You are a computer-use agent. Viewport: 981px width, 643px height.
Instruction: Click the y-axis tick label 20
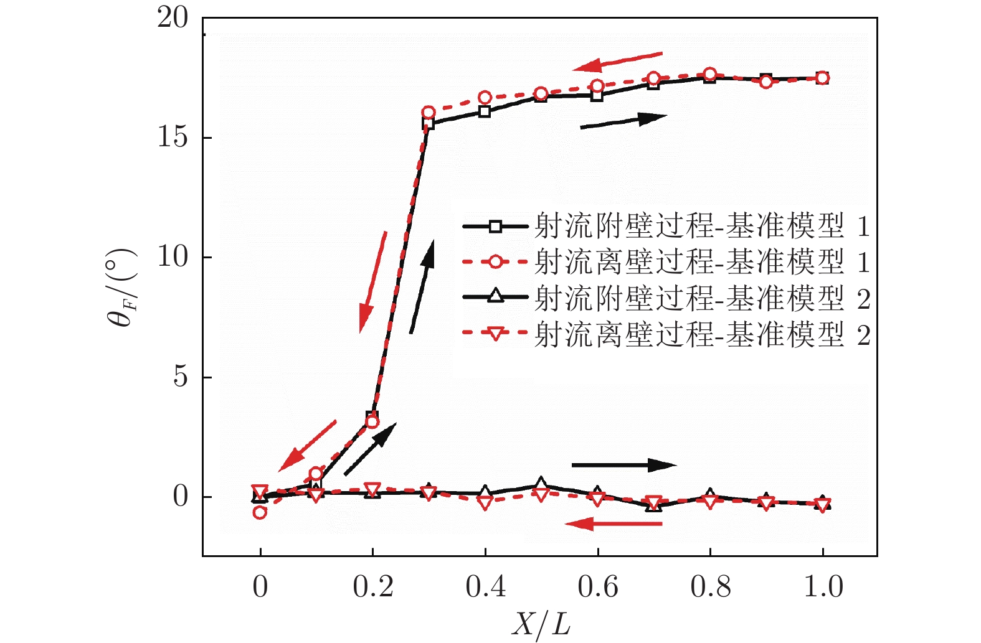[x=173, y=18]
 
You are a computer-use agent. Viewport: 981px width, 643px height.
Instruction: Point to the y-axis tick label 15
[x=173, y=138]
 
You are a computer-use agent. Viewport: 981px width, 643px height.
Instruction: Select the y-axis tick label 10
[x=173, y=257]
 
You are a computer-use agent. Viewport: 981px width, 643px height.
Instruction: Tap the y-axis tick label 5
[x=180, y=377]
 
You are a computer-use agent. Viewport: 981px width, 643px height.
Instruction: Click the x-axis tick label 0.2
[x=372, y=587]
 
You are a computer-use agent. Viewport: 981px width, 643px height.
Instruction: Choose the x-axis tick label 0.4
[x=485, y=587]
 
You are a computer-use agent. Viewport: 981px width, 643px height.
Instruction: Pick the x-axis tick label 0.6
[x=598, y=587]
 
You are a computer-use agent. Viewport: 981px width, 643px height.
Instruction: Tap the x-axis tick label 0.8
[x=710, y=587]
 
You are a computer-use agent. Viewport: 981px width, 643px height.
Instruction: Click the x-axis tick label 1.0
[x=823, y=587]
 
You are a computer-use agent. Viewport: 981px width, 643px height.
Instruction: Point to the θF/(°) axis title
[x=121, y=288]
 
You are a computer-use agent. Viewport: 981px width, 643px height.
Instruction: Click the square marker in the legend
[x=495, y=226]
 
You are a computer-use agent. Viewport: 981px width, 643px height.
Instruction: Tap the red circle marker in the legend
[x=495, y=262]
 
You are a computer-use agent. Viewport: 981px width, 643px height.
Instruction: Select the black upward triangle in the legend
[x=495, y=297]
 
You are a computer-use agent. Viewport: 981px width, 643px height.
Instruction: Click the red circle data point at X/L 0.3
[x=428, y=113]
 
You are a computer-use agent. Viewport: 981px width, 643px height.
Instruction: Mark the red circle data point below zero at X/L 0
[x=260, y=512]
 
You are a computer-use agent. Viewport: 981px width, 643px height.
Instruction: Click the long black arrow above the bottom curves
[x=623, y=465]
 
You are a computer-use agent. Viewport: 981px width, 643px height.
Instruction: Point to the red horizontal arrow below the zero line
[x=614, y=524]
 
